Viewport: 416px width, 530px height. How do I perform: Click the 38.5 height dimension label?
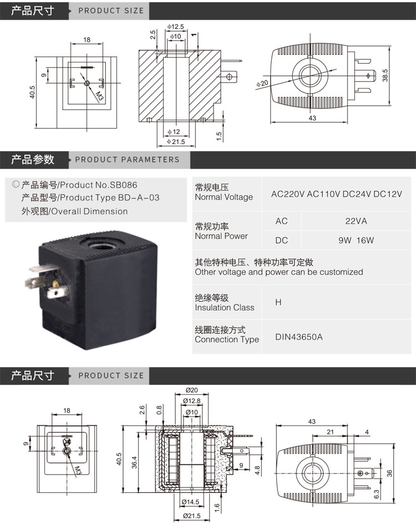click(385, 75)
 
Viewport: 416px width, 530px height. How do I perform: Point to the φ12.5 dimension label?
click(175, 27)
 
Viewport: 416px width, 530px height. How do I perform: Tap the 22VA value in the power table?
click(356, 221)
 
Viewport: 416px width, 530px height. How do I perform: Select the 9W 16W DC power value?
click(356, 240)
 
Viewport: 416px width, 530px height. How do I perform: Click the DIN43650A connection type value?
click(299, 337)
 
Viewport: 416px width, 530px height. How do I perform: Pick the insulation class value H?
click(278, 302)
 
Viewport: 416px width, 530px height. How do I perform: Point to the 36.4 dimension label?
click(134, 462)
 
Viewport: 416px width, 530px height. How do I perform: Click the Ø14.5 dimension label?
click(190, 502)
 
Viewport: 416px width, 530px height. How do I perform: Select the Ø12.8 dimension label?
click(191, 401)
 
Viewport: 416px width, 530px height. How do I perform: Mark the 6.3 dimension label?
click(377, 494)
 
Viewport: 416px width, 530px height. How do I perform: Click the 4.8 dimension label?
click(257, 470)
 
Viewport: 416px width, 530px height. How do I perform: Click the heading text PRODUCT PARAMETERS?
click(127, 159)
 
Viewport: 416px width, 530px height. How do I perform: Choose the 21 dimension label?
click(330, 431)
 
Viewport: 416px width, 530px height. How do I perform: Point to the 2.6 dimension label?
click(142, 410)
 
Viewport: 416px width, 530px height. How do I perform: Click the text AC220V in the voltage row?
click(288, 194)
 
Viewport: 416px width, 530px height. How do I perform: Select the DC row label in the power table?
click(281, 240)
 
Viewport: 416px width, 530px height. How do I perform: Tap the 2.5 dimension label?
click(153, 35)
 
